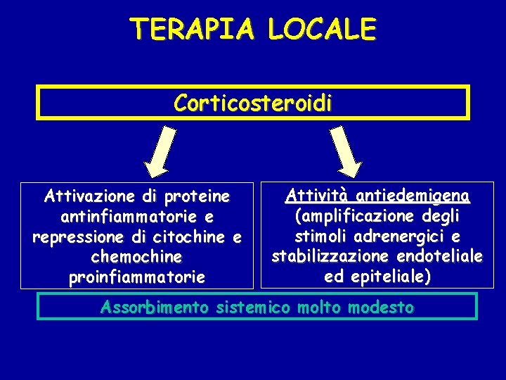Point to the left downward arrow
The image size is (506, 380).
pos(163,149)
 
